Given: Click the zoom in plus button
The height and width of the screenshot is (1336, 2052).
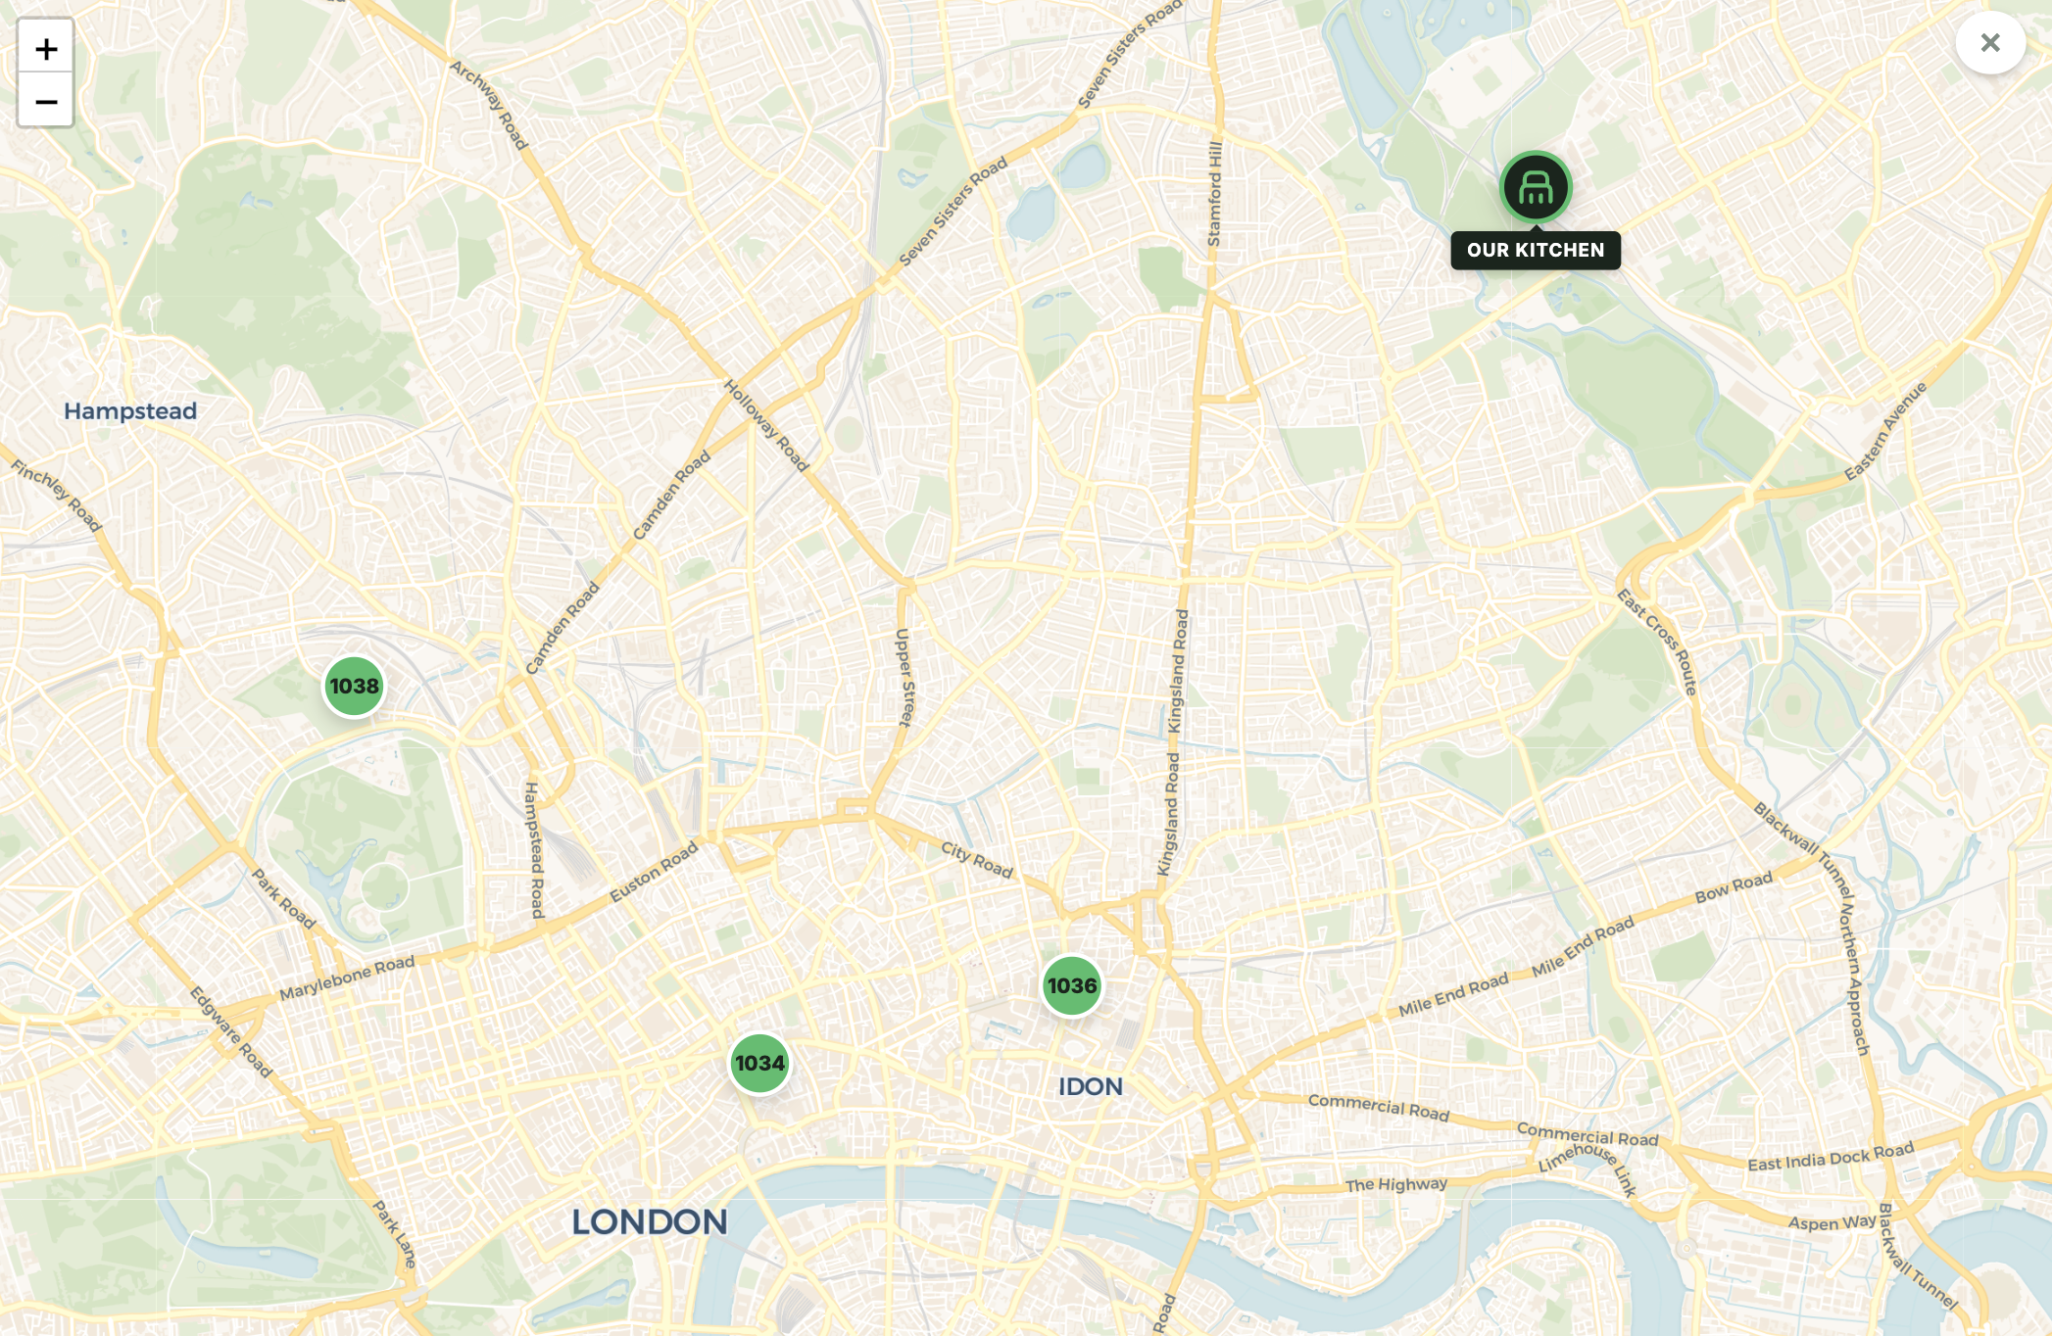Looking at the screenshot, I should pos(46,48).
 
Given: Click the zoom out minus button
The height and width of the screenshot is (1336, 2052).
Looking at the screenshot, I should pos(46,101).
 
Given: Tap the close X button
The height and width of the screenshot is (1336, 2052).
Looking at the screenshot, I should pos(1989,43).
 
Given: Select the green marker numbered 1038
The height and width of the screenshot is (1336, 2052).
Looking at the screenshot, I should pos(354,686).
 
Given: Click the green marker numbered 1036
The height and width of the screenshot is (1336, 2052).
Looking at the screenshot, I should pos(1071,985).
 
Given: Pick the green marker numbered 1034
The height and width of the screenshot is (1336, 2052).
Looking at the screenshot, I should pos(759,1063).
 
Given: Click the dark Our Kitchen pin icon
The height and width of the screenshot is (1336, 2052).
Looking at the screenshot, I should pos(1536,187).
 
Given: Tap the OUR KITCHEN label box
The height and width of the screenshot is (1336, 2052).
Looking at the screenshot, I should pos(1536,250).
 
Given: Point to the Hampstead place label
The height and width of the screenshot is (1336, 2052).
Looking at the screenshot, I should pos(130,411).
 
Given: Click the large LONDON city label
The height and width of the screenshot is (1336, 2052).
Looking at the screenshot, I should pos(650,1221).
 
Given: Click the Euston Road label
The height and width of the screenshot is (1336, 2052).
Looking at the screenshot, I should pos(654,872).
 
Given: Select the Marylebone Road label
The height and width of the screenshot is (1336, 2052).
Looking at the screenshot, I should pos(347,978).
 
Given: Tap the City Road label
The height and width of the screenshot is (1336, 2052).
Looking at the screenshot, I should pos(976,859).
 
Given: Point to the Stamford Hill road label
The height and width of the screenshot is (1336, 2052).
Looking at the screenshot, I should pos(1215,194).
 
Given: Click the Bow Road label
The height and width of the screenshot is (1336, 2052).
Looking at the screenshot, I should pos(1734,886).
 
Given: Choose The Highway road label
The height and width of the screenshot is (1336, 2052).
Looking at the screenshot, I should pos(1395,1184).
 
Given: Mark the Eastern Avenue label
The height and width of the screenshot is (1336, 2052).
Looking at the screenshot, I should pos(1885,431).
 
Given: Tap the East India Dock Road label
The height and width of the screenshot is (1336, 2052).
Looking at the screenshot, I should pos(1831,1157).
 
